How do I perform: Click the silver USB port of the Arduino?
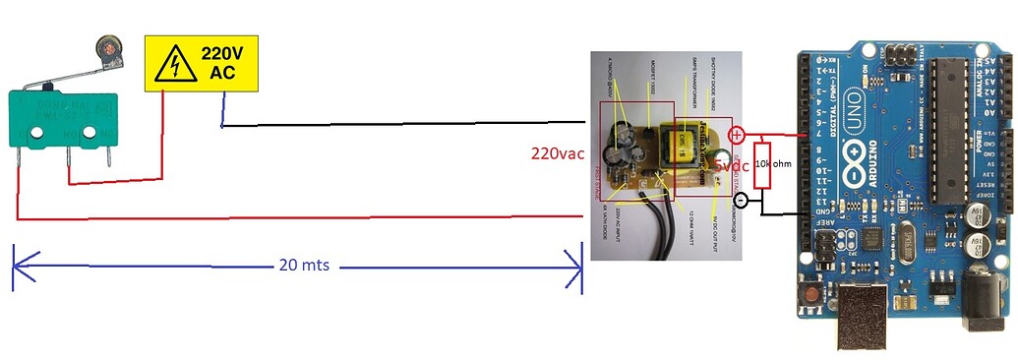863,317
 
